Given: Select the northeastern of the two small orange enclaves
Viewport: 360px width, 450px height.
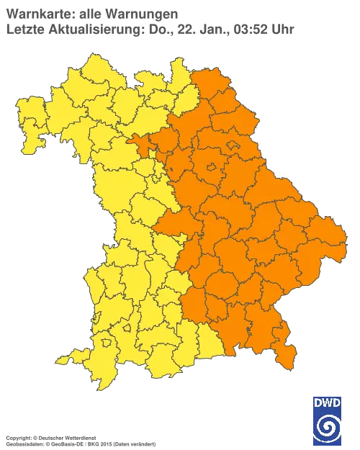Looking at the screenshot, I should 233,146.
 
